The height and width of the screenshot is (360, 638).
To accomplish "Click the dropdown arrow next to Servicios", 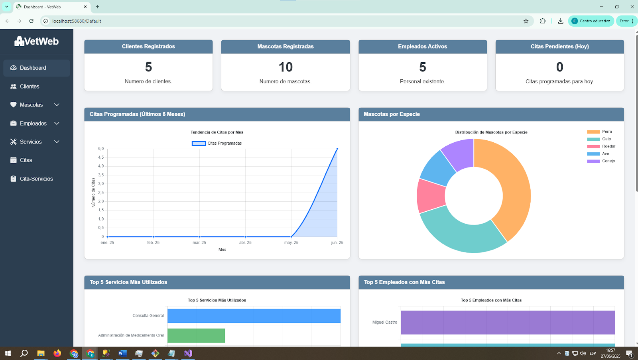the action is pos(57,142).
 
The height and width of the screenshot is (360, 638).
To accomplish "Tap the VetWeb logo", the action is pos(36,41).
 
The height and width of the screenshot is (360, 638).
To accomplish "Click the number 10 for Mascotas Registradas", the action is pos(286,67).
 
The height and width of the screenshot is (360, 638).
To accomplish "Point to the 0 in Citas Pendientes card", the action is pos(559,67).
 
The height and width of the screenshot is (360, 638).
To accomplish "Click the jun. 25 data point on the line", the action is pos(337,149).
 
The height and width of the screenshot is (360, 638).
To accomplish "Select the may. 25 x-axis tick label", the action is pos(291,243).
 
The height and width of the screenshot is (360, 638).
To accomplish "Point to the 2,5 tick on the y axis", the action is pos(101,193).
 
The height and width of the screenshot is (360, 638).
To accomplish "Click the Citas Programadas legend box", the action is pos(199,143).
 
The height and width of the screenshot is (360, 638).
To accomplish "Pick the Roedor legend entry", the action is pos(601,146).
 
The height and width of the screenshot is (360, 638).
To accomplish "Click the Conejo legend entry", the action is pos(601,161).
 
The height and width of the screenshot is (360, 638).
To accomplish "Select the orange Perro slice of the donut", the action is pos(513,188).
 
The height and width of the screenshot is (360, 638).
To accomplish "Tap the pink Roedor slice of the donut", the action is pos(431,196).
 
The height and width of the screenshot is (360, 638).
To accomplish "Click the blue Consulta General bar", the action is pos(254,316).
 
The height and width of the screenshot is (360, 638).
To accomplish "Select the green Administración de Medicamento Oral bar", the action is pos(196,336).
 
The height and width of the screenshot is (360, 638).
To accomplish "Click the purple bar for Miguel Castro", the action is pos(508,323).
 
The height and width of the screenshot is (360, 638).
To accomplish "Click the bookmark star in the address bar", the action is pos(526,21).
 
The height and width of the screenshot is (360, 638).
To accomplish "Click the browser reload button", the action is pos(32,21).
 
